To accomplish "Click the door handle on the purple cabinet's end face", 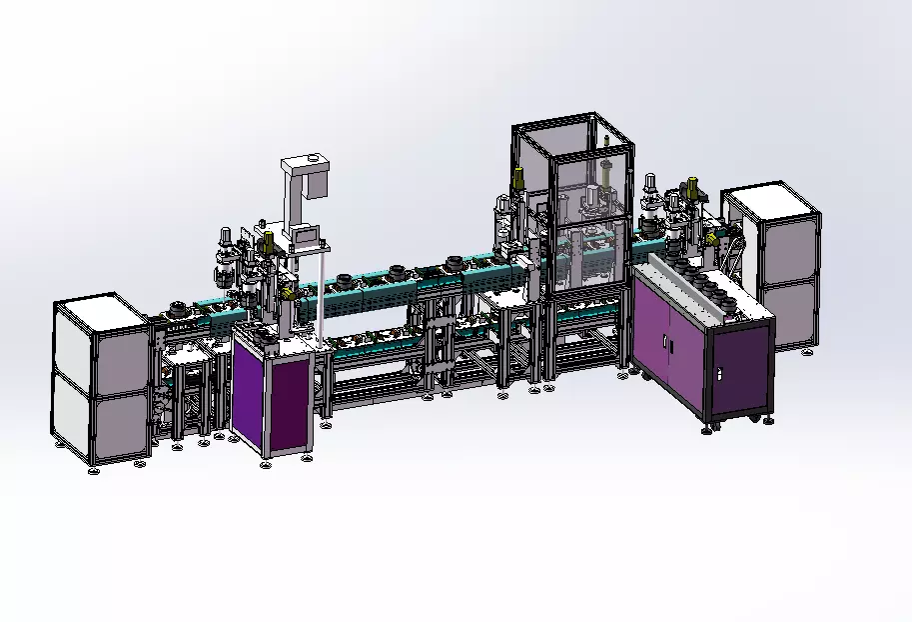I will [x=717, y=373].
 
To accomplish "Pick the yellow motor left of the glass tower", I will [x=519, y=181].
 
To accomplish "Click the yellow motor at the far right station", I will [x=690, y=186].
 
